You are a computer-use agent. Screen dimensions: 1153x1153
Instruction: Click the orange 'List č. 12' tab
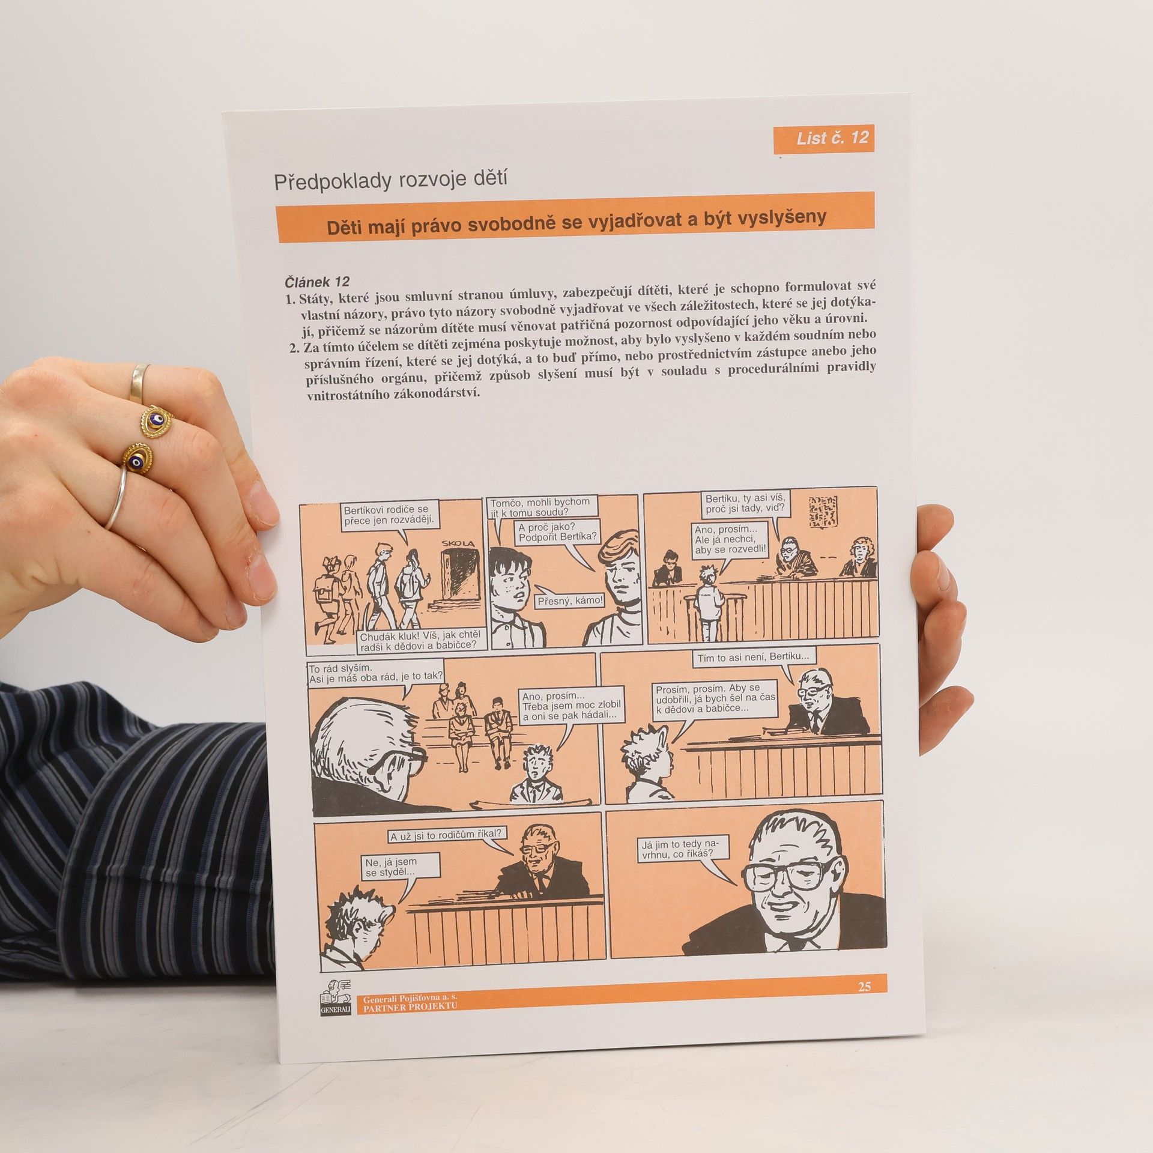tap(824, 138)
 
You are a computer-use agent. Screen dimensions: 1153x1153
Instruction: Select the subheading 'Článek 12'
tap(317, 280)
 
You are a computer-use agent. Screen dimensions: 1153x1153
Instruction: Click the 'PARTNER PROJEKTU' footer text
tap(410, 1006)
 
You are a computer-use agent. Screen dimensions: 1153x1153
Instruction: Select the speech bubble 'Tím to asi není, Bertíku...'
tap(752, 658)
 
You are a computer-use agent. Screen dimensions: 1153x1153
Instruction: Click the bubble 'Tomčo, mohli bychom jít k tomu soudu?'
tap(540, 507)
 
